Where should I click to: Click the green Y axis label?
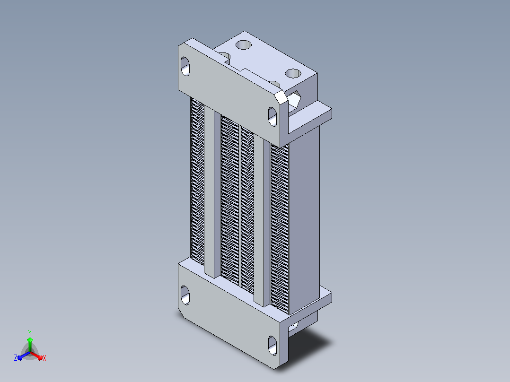click(x=30, y=332)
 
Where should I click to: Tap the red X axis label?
click(x=44, y=358)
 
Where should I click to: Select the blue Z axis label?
click(x=16, y=357)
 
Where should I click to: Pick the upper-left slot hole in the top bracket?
click(x=185, y=66)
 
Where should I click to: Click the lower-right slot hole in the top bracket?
click(x=273, y=116)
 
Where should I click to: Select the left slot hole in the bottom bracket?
click(x=185, y=295)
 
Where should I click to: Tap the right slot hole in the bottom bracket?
click(x=273, y=346)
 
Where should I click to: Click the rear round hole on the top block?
click(x=244, y=44)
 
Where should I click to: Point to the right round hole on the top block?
click(x=293, y=73)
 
